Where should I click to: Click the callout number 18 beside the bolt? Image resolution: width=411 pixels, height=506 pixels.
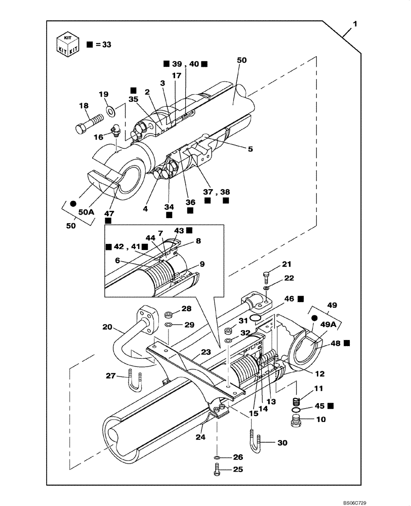(84, 105)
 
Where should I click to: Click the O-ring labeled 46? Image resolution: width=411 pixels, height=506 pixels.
(257, 318)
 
